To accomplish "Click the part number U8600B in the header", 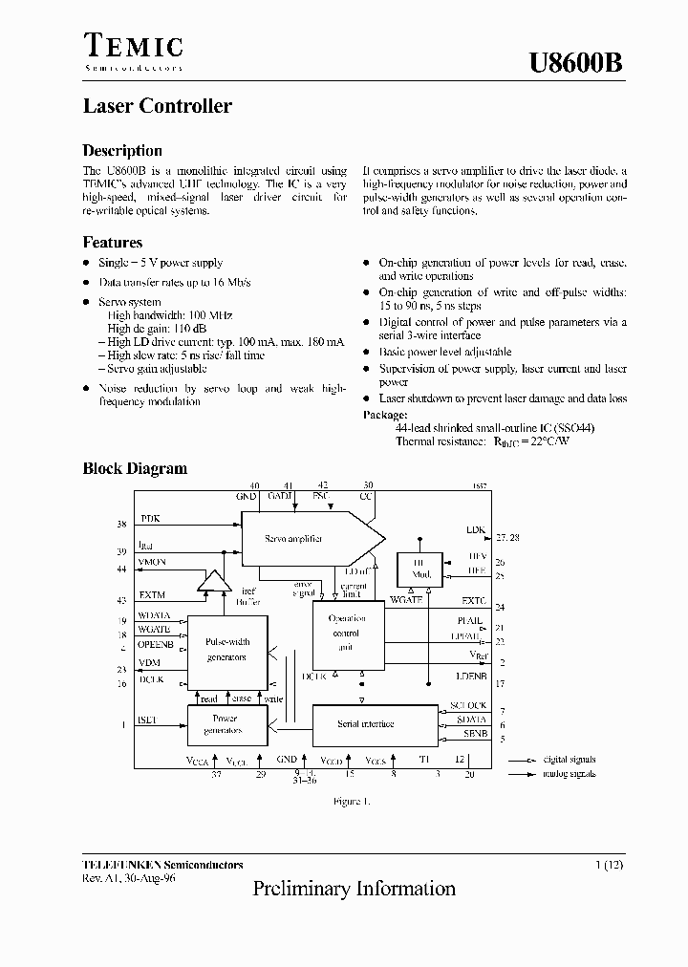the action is (577, 64).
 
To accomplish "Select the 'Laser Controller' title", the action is (157, 106).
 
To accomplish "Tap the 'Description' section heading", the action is (122, 151).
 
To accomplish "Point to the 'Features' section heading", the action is (113, 243).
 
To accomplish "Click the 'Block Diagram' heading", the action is (135, 468).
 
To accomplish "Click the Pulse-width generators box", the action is (226, 651).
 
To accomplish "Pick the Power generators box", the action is (226, 724).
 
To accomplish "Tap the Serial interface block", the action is (366, 724).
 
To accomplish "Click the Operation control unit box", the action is (346, 633).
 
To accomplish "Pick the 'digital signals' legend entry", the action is (568, 760).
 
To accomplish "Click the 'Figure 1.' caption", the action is (351, 801).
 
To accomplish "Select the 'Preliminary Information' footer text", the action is (355, 889).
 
